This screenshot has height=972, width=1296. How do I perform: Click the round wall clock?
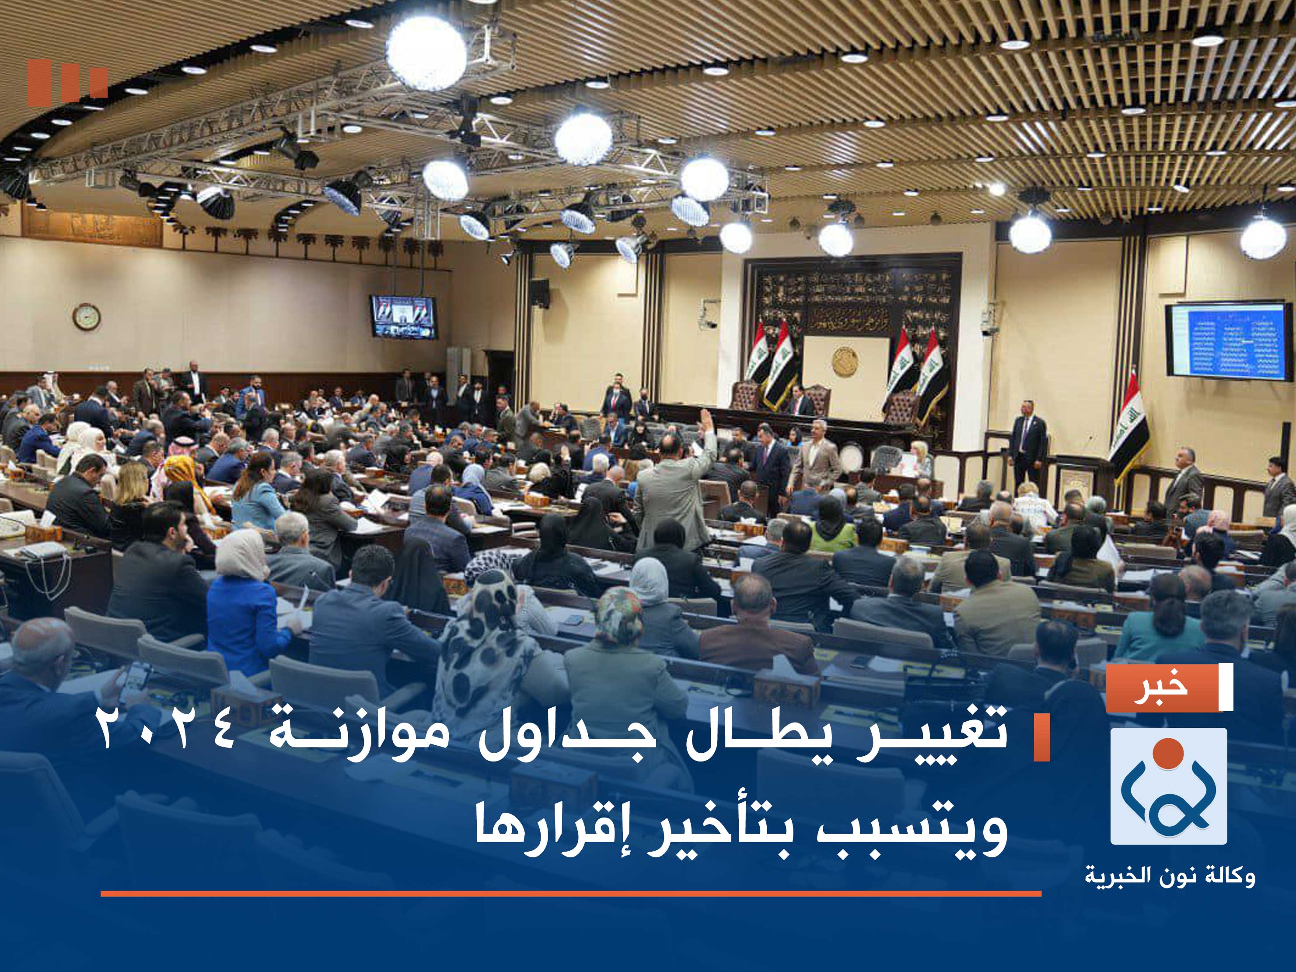click(86, 316)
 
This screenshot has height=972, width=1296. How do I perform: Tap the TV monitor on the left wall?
click(403, 316)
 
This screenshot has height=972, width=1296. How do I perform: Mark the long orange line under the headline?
click(571, 893)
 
